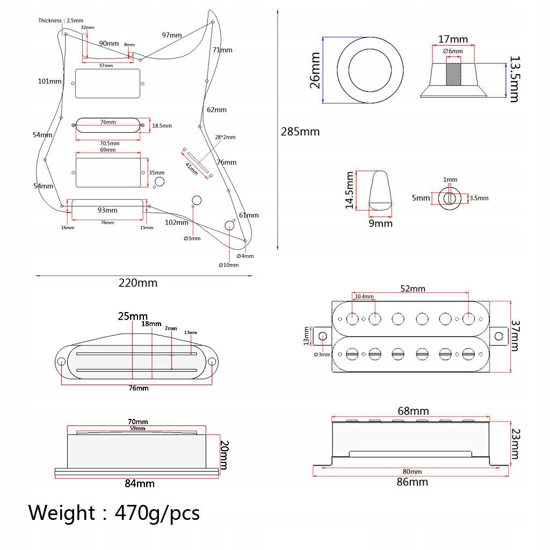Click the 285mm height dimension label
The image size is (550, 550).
pyautogui.click(x=300, y=132)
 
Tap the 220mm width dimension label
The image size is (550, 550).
pyautogui.click(x=138, y=283)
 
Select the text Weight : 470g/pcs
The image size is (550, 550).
pyautogui.click(x=114, y=513)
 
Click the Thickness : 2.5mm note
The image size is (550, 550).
pyautogui.click(x=59, y=20)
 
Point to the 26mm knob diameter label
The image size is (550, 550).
pyautogui.click(x=315, y=70)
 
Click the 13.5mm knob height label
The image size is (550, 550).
pyautogui.click(x=514, y=79)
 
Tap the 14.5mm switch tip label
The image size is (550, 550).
pyautogui.click(x=350, y=190)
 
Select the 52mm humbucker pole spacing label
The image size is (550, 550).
pyautogui.click(x=412, y=288)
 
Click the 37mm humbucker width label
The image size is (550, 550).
pyautogui.click(x=515, y=336)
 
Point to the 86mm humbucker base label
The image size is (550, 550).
pyautogui.click(x=412, y=482)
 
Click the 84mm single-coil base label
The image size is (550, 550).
pyautogui.click(x=139, y=483)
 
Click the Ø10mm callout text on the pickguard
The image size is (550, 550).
pyautogui.click(x=228, y=265)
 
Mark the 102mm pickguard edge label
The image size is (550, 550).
pyautogui.click(x=176, y=222)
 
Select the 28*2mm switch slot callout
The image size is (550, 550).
pyautogui.click(x=225, y=137)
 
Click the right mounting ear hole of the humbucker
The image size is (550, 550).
pyautogui.click(x=499, y=336)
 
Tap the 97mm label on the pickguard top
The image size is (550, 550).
pyautogui.click(x=172, y=35)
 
